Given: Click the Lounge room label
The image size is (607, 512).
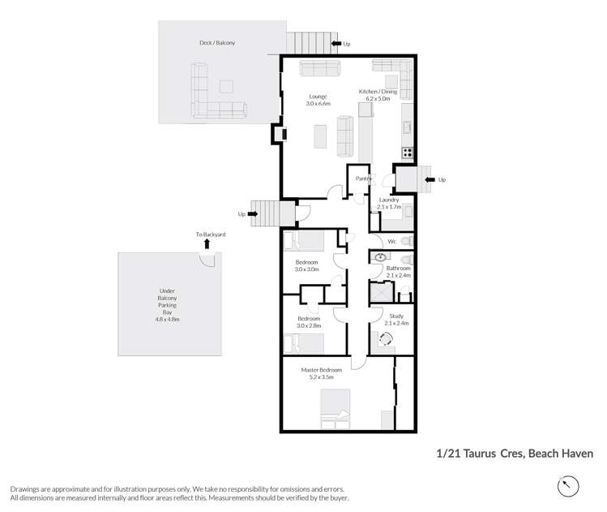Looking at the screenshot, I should pos(317,97).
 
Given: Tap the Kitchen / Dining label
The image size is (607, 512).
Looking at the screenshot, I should pos(378,92).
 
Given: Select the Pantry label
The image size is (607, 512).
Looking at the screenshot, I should pos(363,179).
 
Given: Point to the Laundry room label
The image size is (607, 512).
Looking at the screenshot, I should pos(389,199).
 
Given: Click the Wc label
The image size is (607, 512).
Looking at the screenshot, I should pos(391,241).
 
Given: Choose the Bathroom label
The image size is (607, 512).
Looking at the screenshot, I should pos(398,268).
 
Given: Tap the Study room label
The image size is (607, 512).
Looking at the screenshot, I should pos(396,316).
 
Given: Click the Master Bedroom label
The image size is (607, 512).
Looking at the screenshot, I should pos(322,370).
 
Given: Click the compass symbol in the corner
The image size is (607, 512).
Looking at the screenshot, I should pos(569,486).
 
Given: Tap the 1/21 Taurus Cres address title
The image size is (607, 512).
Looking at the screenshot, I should pos(515,454).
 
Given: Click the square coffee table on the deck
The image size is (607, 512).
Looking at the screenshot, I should pos(226,86).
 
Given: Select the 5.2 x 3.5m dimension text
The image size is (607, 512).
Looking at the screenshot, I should pos(322,377).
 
